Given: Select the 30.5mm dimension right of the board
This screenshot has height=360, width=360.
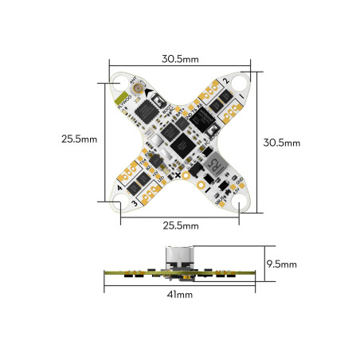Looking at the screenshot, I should [x=282, y=143].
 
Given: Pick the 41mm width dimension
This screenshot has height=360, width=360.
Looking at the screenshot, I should [x=180, y=294].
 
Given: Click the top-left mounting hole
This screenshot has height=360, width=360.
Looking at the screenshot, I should [x=120, y=81].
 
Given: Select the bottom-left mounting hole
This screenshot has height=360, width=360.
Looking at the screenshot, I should [x=120, y=203].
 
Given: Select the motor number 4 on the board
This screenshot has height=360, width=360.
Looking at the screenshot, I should [x=119, y=188].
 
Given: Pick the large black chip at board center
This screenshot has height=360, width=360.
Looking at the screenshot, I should [x=182, y=143].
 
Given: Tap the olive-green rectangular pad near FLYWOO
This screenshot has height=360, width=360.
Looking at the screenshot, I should [x=123, y=100].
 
